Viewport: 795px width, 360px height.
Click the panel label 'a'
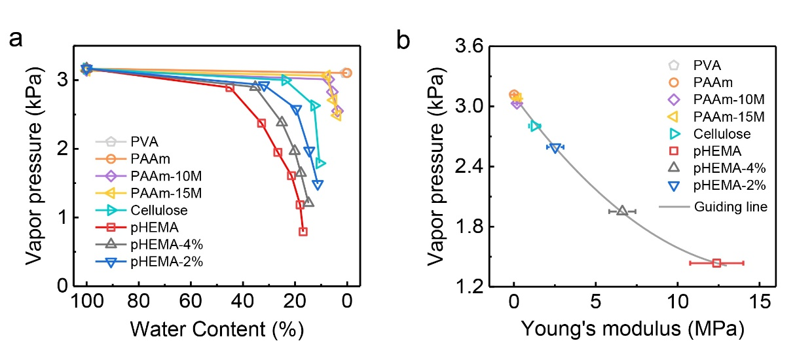point(18,41)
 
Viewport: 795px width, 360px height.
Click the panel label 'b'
point(404,41)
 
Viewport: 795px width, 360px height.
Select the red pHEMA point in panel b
point(716,263)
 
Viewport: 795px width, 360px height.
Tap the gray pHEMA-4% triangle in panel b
point(622,211)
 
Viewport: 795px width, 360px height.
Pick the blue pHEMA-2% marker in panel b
point(555,147)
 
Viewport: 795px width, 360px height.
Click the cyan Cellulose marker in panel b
point(534,126)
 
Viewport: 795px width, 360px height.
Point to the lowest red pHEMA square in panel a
point(303,231)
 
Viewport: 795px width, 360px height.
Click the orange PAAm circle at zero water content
point(346,73)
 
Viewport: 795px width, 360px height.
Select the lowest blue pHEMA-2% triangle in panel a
point(318,185)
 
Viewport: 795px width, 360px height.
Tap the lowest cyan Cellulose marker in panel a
point(320,163)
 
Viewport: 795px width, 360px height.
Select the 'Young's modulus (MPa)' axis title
point(632,330)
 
